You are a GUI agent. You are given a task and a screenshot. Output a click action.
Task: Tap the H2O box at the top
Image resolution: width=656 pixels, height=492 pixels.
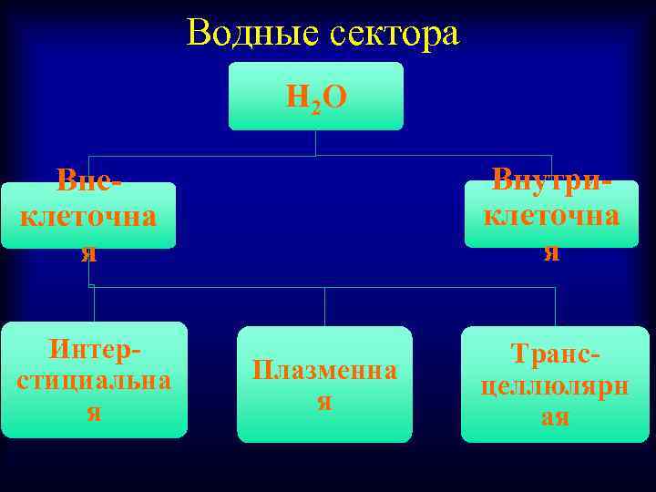click(x=315, y=96)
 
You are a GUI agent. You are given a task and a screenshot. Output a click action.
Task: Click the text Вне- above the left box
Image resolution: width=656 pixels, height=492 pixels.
click(x=88, y=180)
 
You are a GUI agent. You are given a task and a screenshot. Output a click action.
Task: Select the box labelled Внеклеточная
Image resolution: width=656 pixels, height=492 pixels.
click(x=88, y=216)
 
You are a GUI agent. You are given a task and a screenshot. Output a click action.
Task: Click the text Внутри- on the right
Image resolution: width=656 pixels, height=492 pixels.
click(x=551, y=179)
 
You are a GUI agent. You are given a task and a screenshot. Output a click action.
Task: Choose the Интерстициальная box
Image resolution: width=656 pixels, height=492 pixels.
click(x=94, y=379)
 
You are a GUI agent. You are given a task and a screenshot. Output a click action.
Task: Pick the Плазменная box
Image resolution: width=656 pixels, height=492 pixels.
click(x=324, y=384)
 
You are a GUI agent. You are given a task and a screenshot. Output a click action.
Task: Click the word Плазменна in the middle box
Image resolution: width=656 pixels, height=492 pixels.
click(x=324, y=370)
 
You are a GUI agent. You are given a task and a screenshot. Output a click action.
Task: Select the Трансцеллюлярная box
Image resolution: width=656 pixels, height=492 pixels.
click(x=555, y=384)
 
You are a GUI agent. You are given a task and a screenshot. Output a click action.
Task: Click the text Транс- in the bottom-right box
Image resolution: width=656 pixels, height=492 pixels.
click(x=555, y=354)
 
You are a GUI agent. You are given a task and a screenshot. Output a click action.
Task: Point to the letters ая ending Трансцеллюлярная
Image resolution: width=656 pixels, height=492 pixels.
click(x=555, y=416)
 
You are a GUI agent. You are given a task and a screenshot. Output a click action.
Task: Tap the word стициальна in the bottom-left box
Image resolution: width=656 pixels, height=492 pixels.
click(x=94, y=380)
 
